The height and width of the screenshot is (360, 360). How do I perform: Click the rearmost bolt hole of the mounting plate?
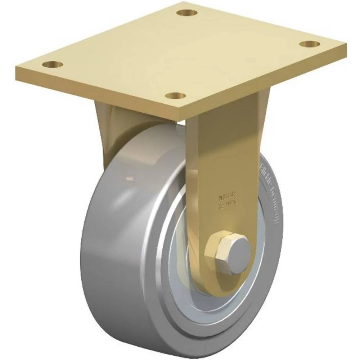pos(187,13)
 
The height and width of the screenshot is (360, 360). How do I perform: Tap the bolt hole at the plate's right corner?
pos(310,44)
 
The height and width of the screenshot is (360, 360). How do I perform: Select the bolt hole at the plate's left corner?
pos(53,65)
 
